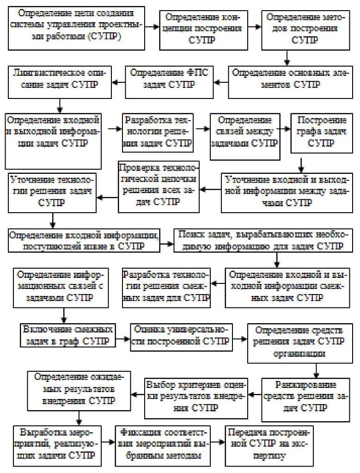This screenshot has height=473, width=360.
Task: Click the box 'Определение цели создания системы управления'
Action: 76,28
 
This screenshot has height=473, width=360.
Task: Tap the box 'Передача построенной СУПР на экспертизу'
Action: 269,443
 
